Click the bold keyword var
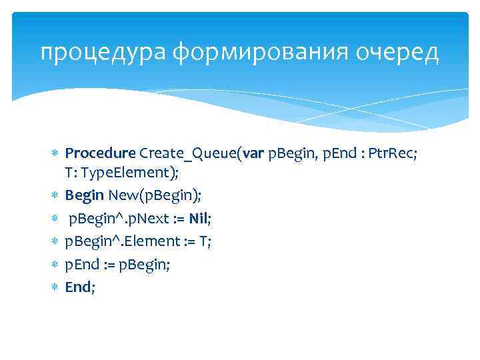tap(254, 155)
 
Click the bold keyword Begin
tap(84, 195)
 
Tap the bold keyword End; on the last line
tap(80, 287)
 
